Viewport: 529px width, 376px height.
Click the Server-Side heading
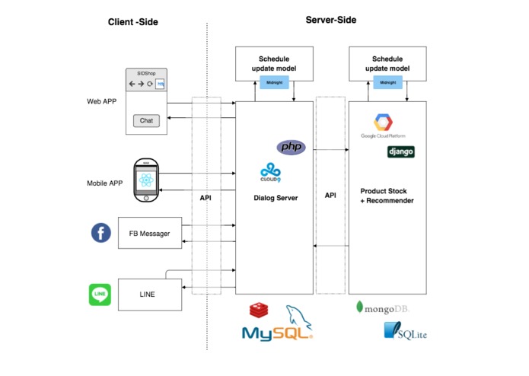(331, 20)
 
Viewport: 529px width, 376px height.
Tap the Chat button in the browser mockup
(146, 120)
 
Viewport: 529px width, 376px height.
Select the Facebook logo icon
(101, 233)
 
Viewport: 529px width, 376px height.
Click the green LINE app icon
(100, 295)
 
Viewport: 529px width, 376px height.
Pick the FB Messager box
(150, 233)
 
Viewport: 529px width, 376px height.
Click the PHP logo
(290, 146)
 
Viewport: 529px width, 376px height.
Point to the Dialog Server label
(274, 199)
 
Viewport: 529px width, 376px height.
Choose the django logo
(401, 151)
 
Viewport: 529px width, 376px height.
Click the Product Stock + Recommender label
(387, 196)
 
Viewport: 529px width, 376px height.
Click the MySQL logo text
(276, 333)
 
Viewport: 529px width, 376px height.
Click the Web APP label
(102, 100)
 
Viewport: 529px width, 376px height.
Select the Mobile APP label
(104, 183)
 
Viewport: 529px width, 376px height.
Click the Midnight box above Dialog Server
(273, 81)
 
